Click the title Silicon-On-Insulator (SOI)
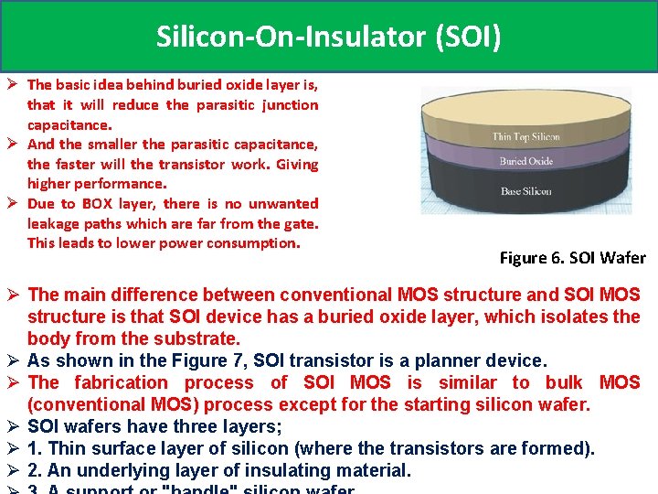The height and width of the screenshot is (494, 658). coord(328,37)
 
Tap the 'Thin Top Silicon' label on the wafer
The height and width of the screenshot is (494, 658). coord(525,137)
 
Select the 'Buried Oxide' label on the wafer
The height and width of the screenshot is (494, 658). coord(525,162)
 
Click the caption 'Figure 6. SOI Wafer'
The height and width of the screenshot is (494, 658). coord(572,258)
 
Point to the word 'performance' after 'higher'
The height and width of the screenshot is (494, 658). coord(114,184)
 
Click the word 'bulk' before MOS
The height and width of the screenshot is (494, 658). coord(564,382)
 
